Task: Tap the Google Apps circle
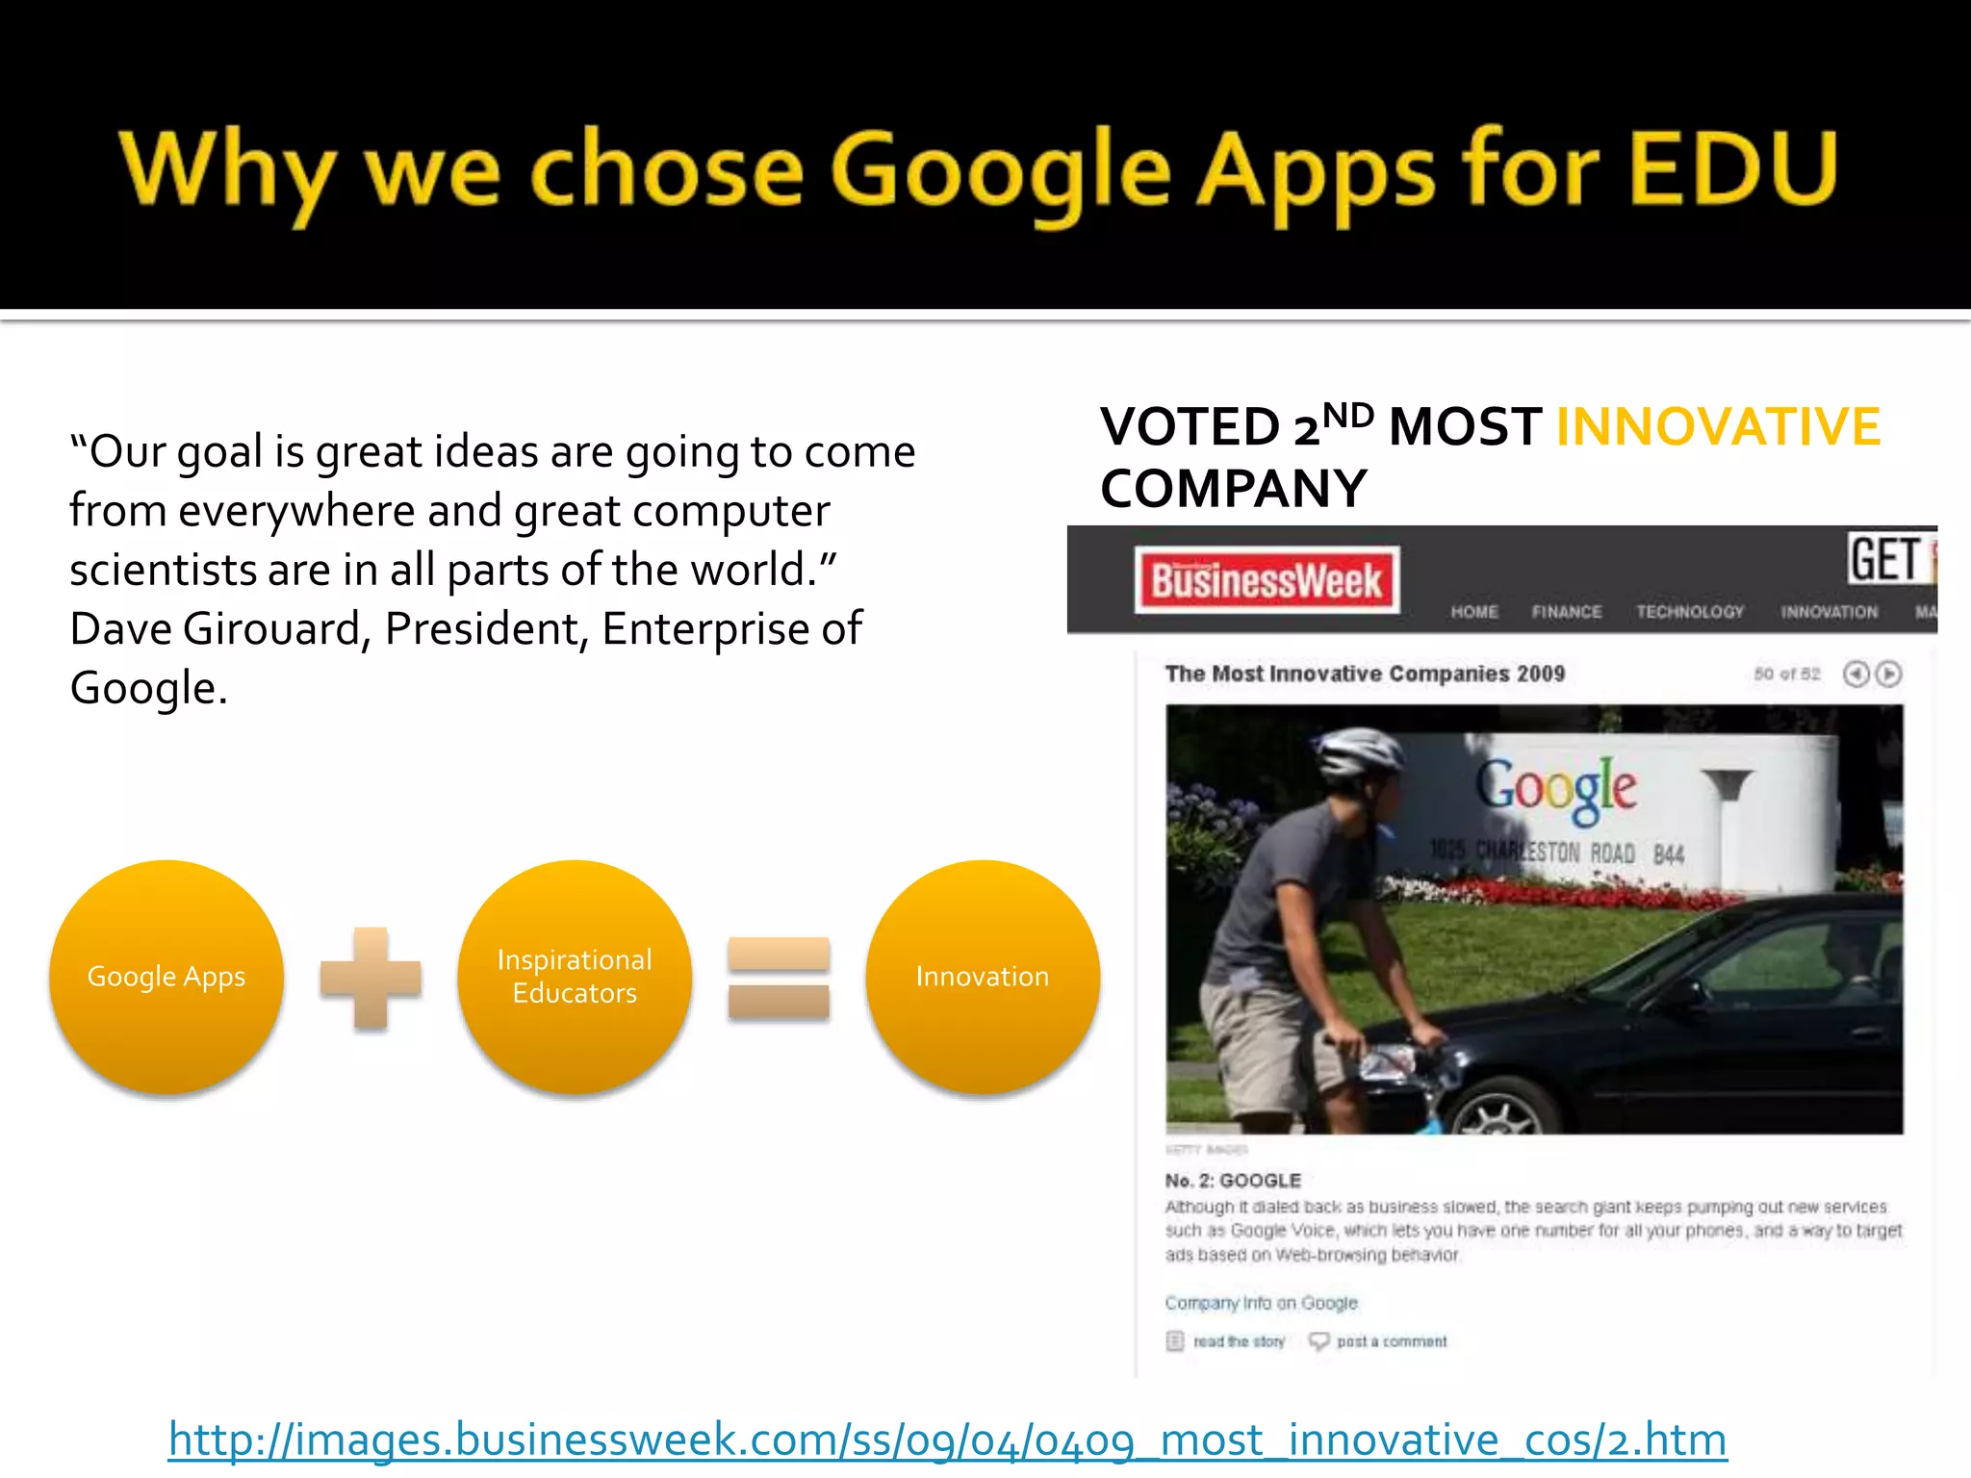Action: pyautogui.click(x=166, y=977)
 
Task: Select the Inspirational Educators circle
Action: pyautogui.click(x=575, y=977)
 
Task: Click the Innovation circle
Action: pyautogui.click(x=983, y=977)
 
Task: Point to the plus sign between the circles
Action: pyautogui.click(x=371, y=978)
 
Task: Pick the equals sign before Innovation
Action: pyautogui.click(x=779, y=978)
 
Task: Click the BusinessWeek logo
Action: pyautogui.click(x=1267, y=581)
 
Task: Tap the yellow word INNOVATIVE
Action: pyautogui.click(x=1718, y=427)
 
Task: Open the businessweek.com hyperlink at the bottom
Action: pyautogui.click(x=947, y=1440)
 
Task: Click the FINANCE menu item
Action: pyautogui.click(x=1567, y=612)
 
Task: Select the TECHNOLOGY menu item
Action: pyautogui.click(x=1690, y=612)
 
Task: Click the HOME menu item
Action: pyautogui.click(x=1474, y=612)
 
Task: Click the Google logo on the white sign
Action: pyautogui.click(x=1556, y=789)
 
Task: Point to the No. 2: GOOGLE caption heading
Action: pyautogui.click(x=1233, y=1181)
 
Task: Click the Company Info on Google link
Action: pyautogui.click(x=1261, y=1303)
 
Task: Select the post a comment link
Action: pyautogui.click(x=1391, y=1341)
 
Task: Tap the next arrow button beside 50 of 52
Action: pyautogui.click(x=1889, y=674)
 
